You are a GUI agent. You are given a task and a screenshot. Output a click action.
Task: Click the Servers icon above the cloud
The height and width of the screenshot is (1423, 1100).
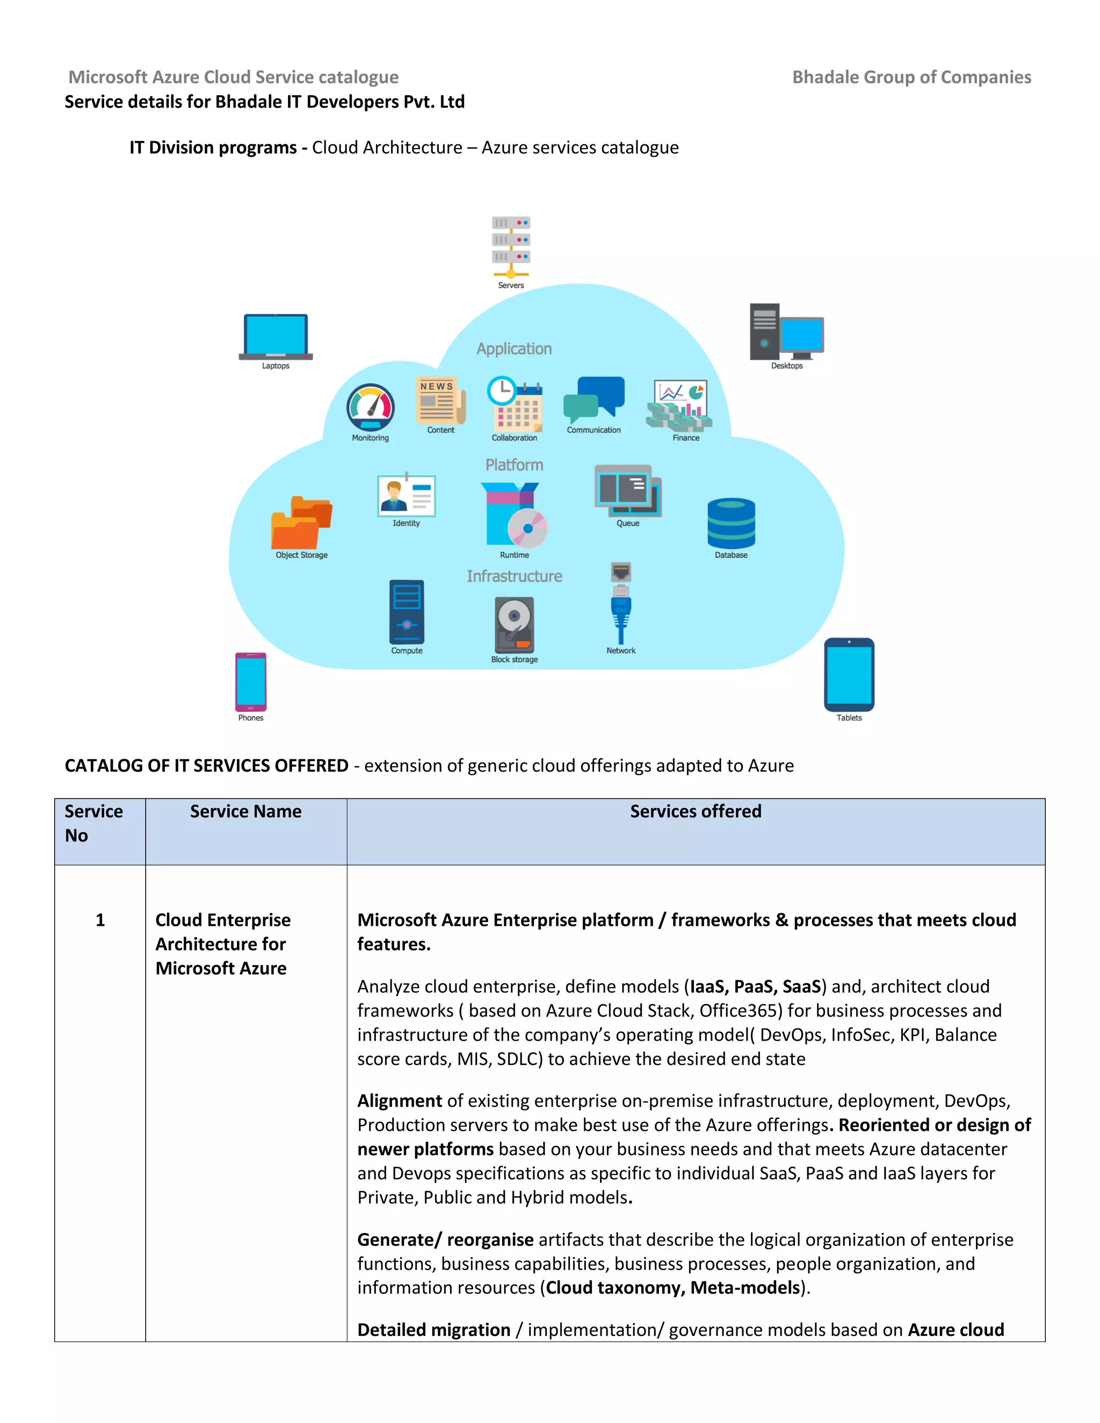coord(511,248)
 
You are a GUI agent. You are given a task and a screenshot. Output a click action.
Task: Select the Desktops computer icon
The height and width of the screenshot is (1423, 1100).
coord(786,332)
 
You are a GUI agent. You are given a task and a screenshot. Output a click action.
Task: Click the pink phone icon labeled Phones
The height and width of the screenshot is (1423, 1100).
coord(251,681)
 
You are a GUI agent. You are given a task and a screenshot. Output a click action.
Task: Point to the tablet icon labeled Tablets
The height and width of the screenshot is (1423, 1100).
coord(849,674)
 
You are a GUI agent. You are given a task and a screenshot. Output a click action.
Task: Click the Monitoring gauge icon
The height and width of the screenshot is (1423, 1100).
coord(370,407)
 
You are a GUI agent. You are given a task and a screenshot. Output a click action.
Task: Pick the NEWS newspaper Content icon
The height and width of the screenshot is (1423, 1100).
coord(440,401)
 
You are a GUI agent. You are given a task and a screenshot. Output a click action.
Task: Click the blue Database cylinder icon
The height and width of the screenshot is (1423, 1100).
coord(731,523)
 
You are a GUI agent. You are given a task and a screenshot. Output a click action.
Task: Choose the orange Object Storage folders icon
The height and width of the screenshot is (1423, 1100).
coord(301,522)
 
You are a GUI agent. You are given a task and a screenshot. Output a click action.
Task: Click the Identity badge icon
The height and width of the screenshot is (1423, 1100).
coord(406,495)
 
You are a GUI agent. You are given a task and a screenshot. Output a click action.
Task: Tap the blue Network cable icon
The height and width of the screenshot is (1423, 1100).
coord(621,605)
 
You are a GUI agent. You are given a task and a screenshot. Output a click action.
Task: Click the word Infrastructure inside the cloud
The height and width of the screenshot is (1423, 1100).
coord(514,576)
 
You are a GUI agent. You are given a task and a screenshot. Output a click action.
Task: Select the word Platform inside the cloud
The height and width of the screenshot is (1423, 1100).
coord(514,464)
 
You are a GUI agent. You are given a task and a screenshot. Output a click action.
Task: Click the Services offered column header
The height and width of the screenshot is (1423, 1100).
coord(696,811)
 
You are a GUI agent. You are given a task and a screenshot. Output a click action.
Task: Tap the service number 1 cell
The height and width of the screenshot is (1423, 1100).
coord(100,920)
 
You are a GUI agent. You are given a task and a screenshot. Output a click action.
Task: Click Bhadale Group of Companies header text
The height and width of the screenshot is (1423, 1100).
coord(911,77)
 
